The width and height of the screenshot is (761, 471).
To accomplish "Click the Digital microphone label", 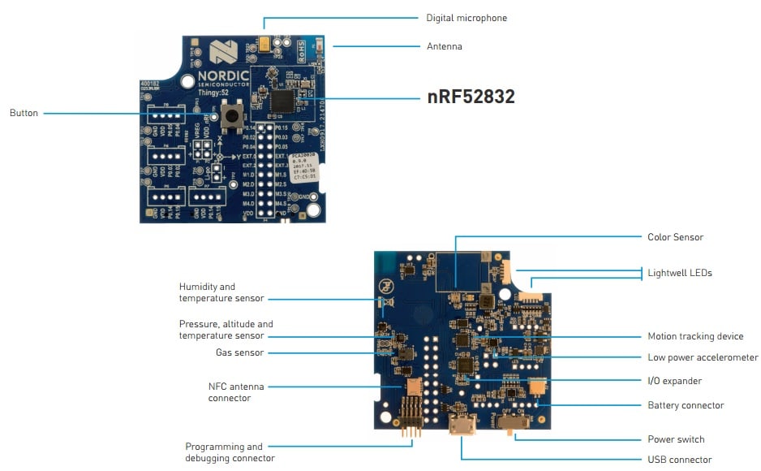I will point(466,18).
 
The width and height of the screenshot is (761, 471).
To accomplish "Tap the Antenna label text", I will point(445,46).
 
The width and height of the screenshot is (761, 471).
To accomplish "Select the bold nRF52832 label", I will point(471,97).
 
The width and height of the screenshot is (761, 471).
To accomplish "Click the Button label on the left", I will point(24,113).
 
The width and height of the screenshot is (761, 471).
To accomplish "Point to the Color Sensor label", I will point(675,237).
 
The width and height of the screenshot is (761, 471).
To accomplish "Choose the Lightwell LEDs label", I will point(679,273).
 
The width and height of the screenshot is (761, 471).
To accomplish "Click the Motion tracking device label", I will point(695,336).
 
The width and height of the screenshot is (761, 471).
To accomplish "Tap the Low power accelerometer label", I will point(703,357).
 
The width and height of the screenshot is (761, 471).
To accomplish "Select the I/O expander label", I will point(674,381).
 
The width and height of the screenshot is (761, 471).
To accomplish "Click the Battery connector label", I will point(686,405).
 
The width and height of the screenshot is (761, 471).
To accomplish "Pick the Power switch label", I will point(676,439).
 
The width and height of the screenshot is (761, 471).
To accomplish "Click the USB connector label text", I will point(679,460).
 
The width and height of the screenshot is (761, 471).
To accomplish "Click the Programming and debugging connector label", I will point(230,452).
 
